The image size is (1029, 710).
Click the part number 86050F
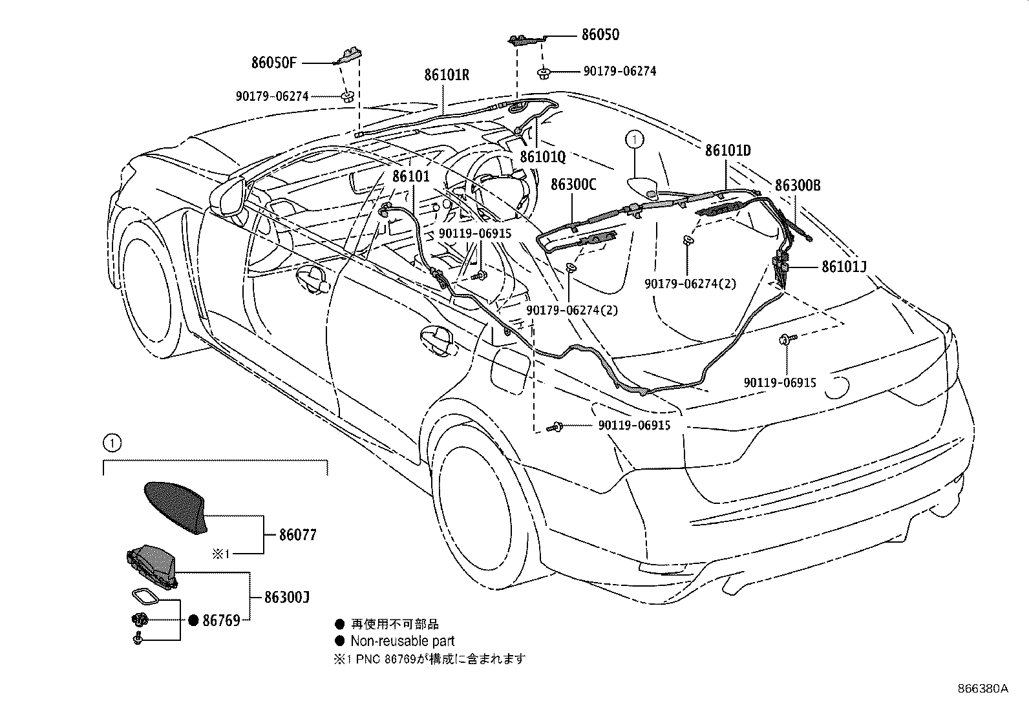(x=274, y=63)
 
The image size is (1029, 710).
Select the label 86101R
(x=447, y=75)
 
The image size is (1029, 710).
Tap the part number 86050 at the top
(x=600, y=35)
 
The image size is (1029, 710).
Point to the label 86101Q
(x=542, y=157)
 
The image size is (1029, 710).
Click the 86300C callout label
(x=573, y=185)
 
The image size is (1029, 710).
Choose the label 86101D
(x=728, y=151)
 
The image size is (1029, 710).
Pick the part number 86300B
(x=798, y=185)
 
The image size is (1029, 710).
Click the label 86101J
(x=844, y=267)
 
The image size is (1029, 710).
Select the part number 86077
(x=298, y=535)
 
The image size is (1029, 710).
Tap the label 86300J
(x=286, y=598)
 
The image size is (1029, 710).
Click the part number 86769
(x=222, y=621)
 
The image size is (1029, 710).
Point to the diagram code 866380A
(x=982, y=689)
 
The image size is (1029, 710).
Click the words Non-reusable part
(x=403, y=641)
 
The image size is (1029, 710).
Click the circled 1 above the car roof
(x=635, y=140)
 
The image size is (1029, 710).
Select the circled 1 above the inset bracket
(x=112, y=443)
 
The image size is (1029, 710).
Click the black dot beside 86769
(x=193, y=621)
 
